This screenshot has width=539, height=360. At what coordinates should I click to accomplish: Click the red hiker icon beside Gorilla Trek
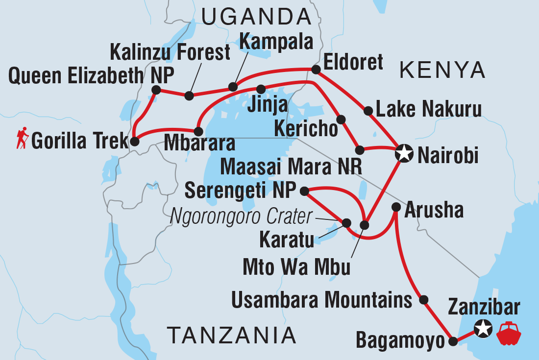pos(22,138)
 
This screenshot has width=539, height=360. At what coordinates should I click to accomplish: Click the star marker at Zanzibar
pos(483,329)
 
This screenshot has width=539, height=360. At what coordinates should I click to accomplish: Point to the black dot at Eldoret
pos(316,70)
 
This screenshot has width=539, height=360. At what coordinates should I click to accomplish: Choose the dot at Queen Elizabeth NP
pos(156,90)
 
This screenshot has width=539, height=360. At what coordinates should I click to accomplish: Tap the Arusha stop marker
pos(396,207)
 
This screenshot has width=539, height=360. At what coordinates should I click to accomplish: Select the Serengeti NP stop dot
pos(304,191)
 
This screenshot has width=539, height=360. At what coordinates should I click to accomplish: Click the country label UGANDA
pos(256,18)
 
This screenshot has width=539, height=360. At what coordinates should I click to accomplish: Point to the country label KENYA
pos(442,71)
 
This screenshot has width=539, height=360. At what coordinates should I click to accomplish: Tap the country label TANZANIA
pos(231,335)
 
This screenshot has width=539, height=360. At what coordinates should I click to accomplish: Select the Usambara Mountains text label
pos(322,300)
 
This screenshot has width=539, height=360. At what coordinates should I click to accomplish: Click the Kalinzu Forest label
pos(170,52)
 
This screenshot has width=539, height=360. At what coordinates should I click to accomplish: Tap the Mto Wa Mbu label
pos(297,267)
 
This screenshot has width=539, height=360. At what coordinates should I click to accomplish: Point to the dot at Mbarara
pos(198,131)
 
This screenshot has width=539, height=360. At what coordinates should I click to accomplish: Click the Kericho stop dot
pos(341,120)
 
